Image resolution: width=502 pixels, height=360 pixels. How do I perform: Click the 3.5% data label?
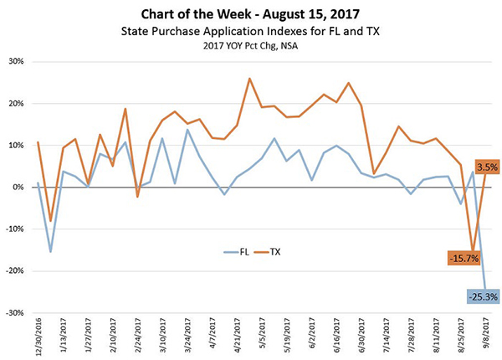[489, 167]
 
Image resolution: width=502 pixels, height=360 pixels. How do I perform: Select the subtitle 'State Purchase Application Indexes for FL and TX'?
[250, 32]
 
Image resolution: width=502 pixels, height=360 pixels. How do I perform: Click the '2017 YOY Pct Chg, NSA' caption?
[250, 46]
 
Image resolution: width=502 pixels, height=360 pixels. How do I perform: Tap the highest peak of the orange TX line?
[250, 79]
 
